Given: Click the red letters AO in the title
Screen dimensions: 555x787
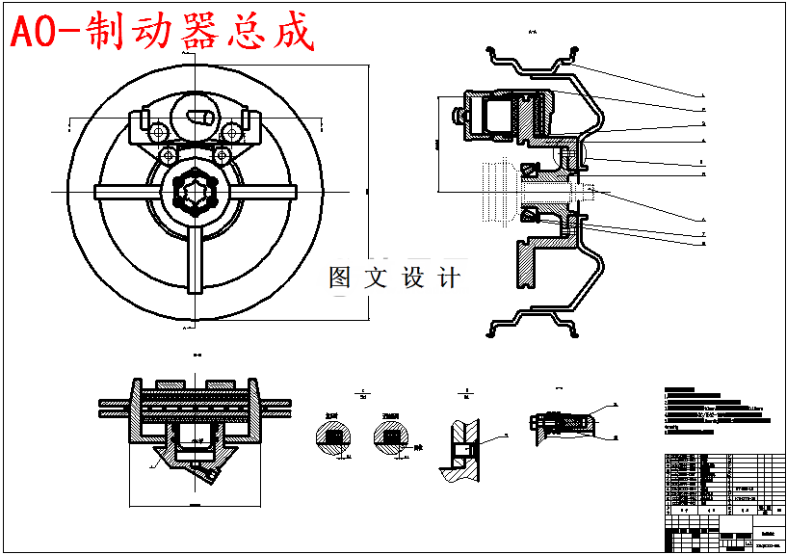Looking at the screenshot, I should tap(42, 33).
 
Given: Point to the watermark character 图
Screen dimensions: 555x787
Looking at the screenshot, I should tap(342, 278).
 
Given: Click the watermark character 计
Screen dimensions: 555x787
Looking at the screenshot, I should tap(448, 278).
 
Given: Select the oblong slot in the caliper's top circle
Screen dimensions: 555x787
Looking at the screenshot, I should tap(200, 118).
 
